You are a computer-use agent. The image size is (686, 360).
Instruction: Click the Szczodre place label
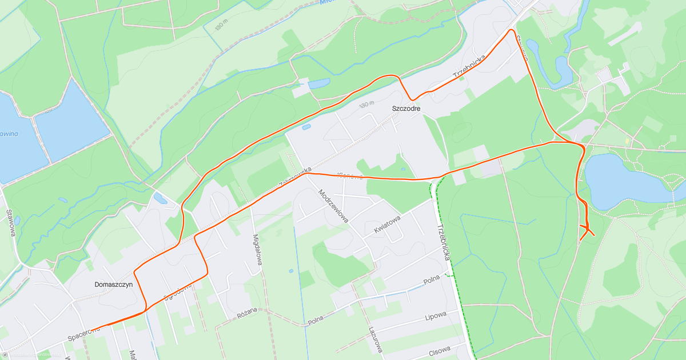coord(406,108)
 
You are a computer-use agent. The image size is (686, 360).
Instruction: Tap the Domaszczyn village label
coord(113,284)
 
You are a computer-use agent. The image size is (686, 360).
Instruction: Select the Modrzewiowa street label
coord(333,209)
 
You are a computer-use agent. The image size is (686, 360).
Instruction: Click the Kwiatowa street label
coord(387,222)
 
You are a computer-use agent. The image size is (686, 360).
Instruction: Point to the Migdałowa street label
coord(257,251)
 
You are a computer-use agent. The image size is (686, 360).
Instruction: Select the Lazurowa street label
coord(376,339)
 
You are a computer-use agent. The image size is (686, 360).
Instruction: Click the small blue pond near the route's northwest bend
coord(161,198)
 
